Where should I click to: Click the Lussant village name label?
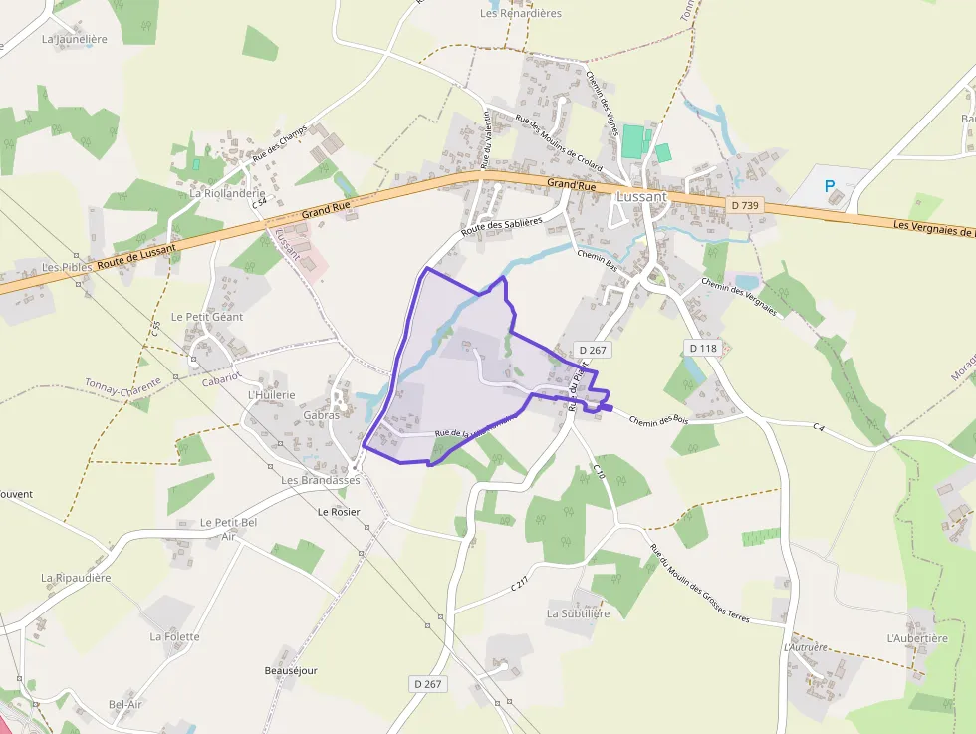click(641, 196)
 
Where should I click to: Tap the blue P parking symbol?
click(829, 185)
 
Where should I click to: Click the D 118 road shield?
click(703, 348)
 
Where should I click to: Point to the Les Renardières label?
click(521, 13)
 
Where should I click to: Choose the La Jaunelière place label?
click(74, 40)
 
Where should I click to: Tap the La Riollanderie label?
click(227, 193)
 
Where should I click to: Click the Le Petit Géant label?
click(207, 317)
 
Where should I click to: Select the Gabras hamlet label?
click(322, 415)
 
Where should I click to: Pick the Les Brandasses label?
click(321, 480)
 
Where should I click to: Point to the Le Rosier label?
click(338, 512)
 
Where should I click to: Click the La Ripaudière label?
click(76, 578)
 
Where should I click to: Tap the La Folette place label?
click(174, 636)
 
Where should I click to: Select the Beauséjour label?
click(291, 671)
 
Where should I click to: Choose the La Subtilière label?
click(578, 613)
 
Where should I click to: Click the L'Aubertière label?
click(917, 638)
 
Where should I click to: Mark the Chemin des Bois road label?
click(659, 422)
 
